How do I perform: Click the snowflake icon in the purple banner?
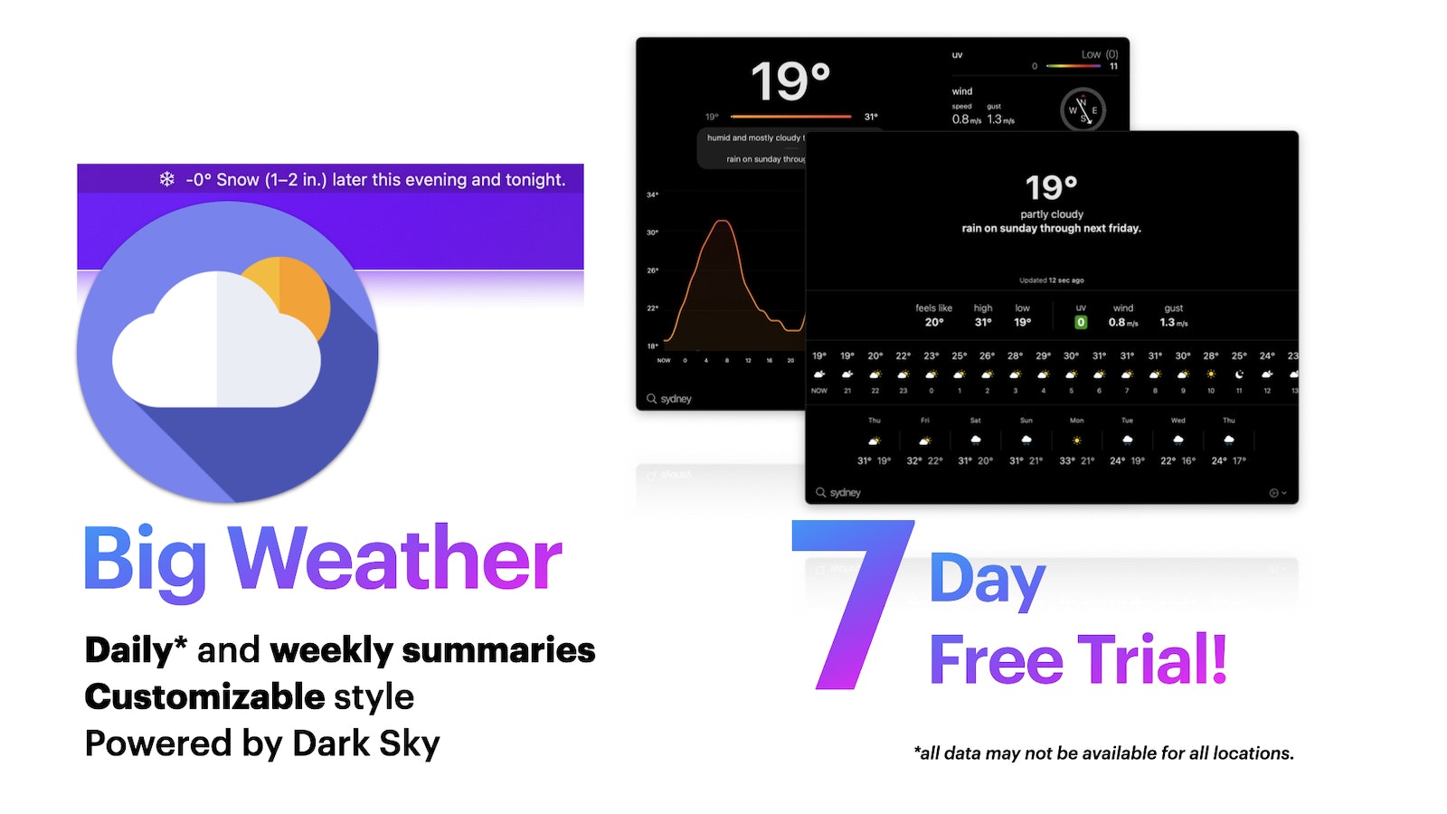pyautogui.click(x=167, y=179)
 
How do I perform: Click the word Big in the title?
pyautogui.click(x=145, y=560)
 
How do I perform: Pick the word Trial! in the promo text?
pyautogui.click(x=1152, y=659)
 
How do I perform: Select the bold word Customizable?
pyautogui.click(x=204, y=696)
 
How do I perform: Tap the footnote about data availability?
pyautogui.click(x=1103, y=752)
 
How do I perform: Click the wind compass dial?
pyautogui.click(x=1083, y=110)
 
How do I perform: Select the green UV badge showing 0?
pyautogui.click(x=1081, y=323)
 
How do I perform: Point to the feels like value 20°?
pyautogui.click(x=934, y=323)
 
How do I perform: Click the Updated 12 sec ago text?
pyautogui.click(x=1051, y=280)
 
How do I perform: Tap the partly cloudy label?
pyautogui.click(x=1051, y=214)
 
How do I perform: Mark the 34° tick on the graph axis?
pyautogui.click(x=652, y=194)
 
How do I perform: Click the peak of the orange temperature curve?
pyautogui.click(x=722, y=221)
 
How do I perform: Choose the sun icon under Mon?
pyautogui.click(x=1076, y=440)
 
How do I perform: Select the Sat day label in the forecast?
pyautogui.click(x=975, y=421)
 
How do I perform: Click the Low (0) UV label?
pyautogui.click(x=1099, y=54)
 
